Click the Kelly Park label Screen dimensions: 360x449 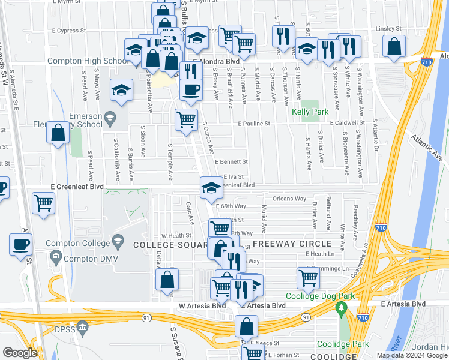click(310, 112)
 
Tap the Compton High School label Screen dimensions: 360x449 click(85, 61)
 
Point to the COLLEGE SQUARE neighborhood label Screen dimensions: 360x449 click(170, 244)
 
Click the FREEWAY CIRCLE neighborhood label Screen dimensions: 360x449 click(292, 244)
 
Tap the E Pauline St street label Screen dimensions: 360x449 click(254, 124)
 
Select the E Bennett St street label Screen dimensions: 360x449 click(232, 162)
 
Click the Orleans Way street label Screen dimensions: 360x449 click(289, 199)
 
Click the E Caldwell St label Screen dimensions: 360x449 click(348, 122)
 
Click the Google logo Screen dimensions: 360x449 click(20, 353)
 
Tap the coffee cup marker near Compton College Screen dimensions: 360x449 click(21, 245)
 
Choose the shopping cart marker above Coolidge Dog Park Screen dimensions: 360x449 click(308, 277)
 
